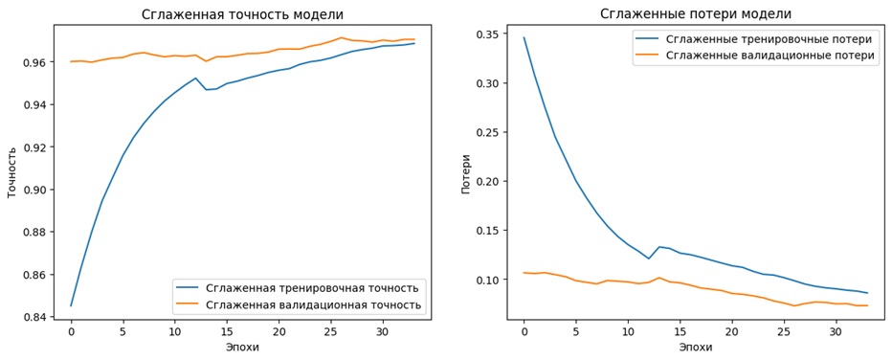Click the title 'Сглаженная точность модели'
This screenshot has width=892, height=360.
(x=242, y=14)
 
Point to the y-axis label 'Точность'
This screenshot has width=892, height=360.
(x=12, y=173)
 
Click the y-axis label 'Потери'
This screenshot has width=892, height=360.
(x=466, y=173)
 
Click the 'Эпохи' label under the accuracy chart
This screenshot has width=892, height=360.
(x=242, y=348)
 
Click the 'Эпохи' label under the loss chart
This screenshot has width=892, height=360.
(x=696, y=348)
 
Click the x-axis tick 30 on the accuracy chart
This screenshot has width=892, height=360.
(x=383, y=331)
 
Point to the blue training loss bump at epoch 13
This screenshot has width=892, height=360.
(x=659, y=247)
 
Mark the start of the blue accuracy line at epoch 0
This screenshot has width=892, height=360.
(x=71, y=305)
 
